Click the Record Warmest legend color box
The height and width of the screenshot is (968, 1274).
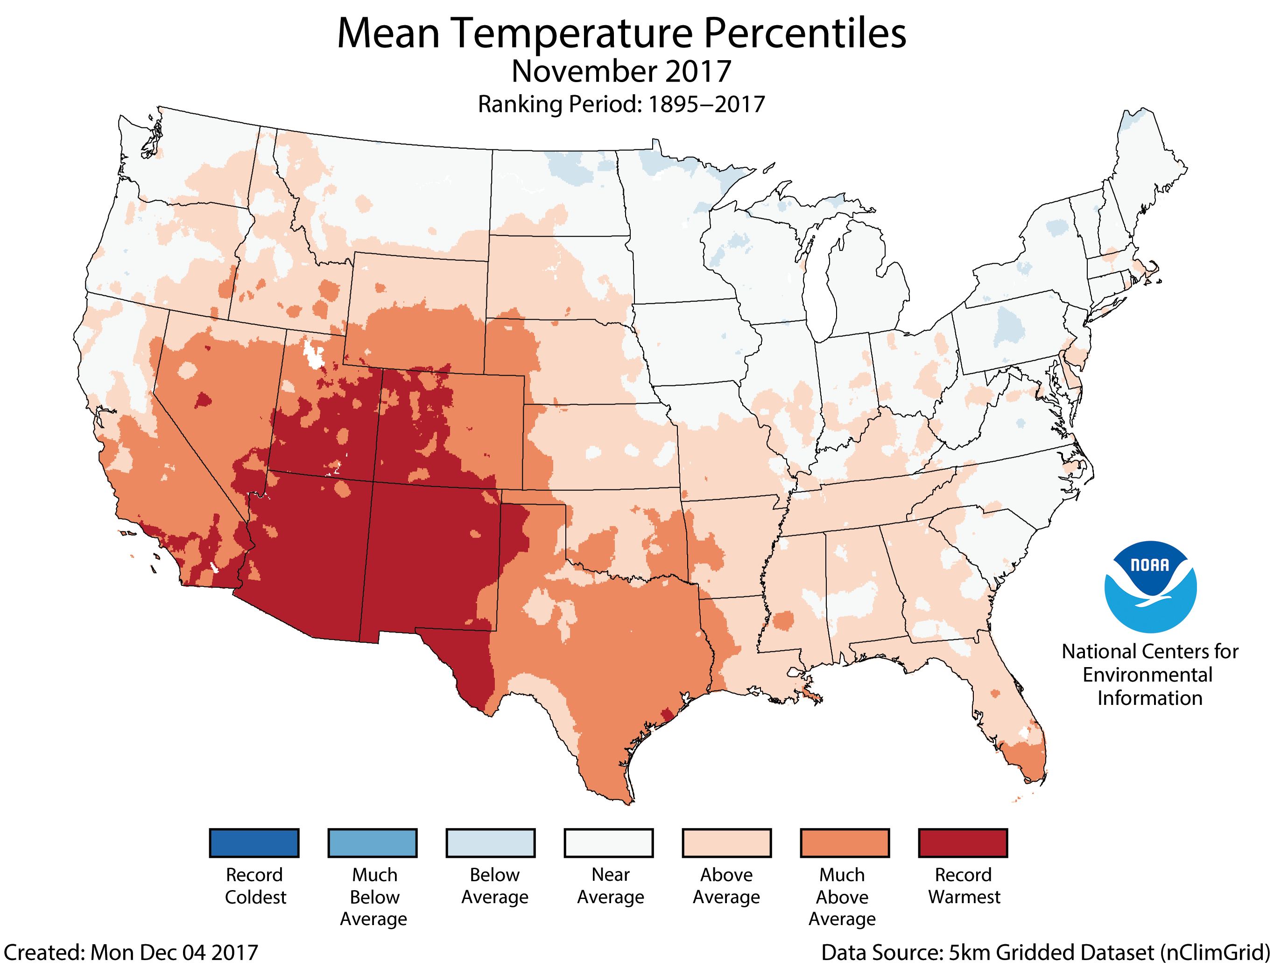click(x=963, y=843)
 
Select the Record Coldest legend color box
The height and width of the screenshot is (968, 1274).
click(x=254, y=843)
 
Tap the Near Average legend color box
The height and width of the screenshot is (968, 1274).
click(x=609, y=843)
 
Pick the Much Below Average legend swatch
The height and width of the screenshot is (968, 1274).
click(x=373, y=843)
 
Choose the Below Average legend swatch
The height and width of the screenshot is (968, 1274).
click(x=491, y=843)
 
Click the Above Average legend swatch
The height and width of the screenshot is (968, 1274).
click(x=726, y=843)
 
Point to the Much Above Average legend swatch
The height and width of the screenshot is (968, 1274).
click(x=845, y=843)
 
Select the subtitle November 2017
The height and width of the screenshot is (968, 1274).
click(x=621, y=71)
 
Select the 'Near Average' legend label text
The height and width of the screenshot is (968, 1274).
click(x=611, y=885)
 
